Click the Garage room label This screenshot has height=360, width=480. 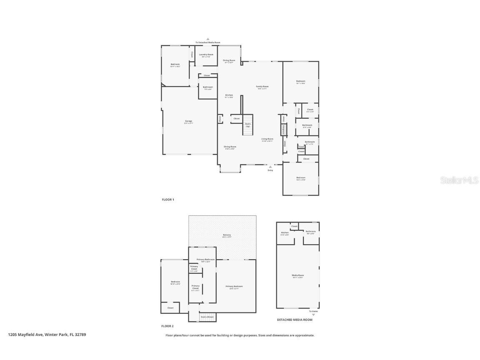188,122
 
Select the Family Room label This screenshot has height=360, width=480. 262,87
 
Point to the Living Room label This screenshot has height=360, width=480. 267,140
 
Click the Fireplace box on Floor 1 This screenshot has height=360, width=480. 283,130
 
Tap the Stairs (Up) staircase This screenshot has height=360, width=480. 248,125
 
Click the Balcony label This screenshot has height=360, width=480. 227,235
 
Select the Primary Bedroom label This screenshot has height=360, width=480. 234,287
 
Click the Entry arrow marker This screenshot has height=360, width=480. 270,167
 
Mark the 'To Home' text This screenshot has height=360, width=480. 313,311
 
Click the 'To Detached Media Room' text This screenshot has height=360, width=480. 208,42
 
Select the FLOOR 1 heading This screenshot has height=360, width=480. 168,200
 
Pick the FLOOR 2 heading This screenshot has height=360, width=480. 167,326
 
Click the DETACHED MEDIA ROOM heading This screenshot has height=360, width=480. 295,320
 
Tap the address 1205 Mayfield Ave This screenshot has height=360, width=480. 47,334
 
